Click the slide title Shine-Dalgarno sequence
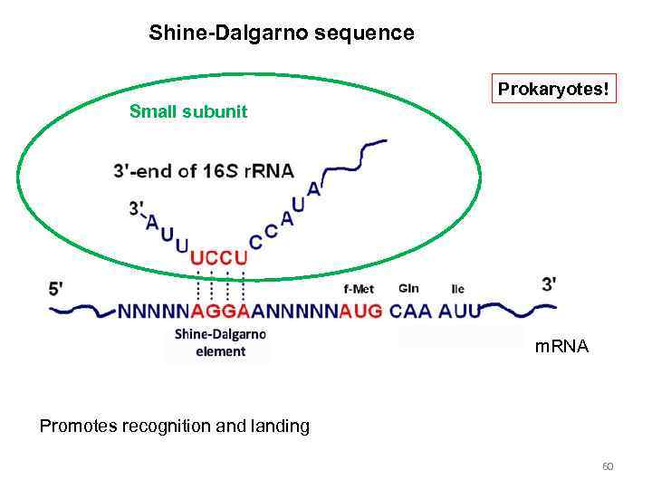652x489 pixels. [282, 34]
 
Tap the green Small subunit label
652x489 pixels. [188, 112]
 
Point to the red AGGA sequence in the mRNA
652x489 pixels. [220, 312]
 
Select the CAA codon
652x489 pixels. [411, 312]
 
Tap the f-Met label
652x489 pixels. [360, 289]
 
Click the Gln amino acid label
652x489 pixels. [407, 289]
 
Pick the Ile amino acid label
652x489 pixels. [457, 289]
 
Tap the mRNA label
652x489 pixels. [561, 346]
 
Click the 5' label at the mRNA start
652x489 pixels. [56, 289]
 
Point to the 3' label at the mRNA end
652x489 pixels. [549, 283]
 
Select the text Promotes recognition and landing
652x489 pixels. [174, 426]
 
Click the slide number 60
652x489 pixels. [608, 466]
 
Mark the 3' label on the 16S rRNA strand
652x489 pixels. [137, 208]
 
